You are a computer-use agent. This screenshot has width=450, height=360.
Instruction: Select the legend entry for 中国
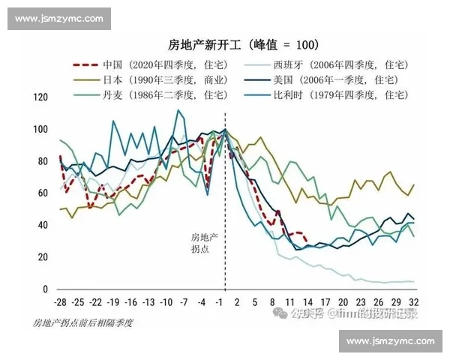157,64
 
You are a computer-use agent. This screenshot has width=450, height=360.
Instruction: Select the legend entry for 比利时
340,94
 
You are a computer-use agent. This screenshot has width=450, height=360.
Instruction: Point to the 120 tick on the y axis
40,97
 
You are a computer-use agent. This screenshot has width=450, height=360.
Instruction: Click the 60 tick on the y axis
43,193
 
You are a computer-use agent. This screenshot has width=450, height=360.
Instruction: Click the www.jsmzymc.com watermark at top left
59,19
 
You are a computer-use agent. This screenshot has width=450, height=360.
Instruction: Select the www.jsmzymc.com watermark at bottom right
390,342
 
